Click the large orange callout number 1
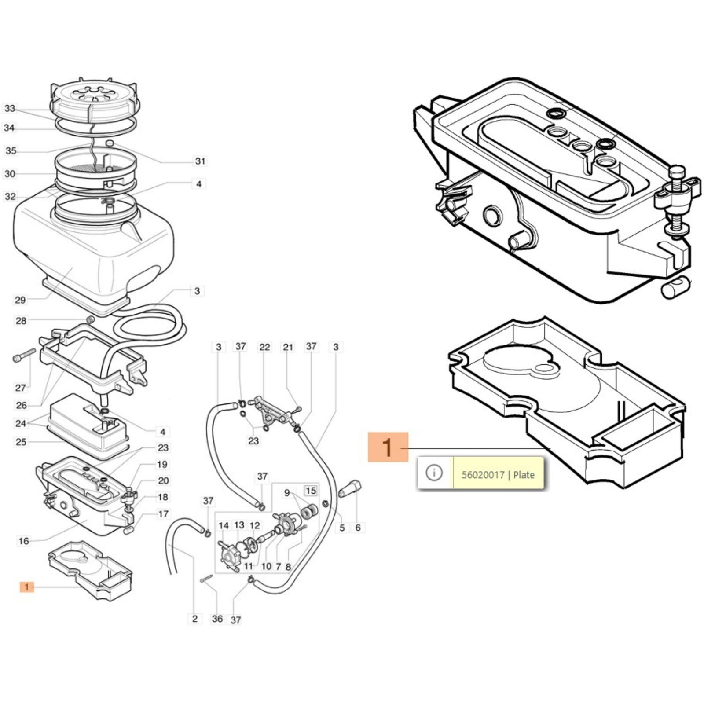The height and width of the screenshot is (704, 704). point(388,447)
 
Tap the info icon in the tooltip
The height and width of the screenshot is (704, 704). point(434,473)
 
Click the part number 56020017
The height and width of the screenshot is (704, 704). point(483,475)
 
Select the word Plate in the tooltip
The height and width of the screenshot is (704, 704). point(524,475)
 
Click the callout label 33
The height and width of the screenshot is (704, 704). point(10,108)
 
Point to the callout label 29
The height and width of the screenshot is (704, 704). point(20,300)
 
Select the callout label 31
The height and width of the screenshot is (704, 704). point(200,161)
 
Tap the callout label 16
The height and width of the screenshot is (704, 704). point(24,541)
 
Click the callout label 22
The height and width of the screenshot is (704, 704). point(264,347)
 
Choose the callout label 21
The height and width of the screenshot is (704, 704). point(288,347)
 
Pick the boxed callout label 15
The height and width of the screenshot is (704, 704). point(311,491)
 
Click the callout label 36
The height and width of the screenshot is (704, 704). point(217,619)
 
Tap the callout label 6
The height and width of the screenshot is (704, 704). point(358,527)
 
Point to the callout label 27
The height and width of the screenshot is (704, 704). point(21,388)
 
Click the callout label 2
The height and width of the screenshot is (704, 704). point(195,619)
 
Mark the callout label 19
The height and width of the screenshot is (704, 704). point(162,464)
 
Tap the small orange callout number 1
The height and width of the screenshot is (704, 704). point(26,587)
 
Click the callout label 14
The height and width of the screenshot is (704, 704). point(224,525)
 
